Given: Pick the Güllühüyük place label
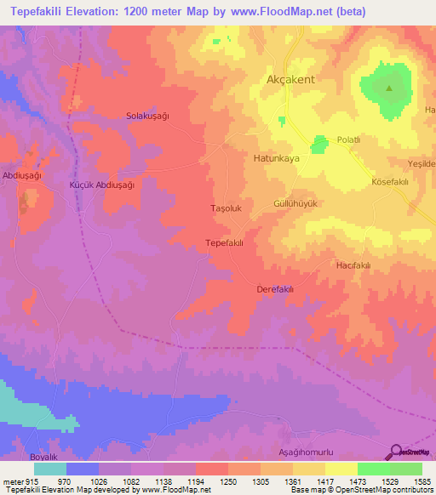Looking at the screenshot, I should coord(295,204).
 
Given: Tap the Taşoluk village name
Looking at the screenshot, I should coord(227,208).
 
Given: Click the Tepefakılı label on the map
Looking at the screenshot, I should coord(225,243).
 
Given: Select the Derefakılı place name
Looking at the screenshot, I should coord(275,289).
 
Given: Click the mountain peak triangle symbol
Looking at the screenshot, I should coord(389,88).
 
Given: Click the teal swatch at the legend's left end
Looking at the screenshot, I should coord(49,469).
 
